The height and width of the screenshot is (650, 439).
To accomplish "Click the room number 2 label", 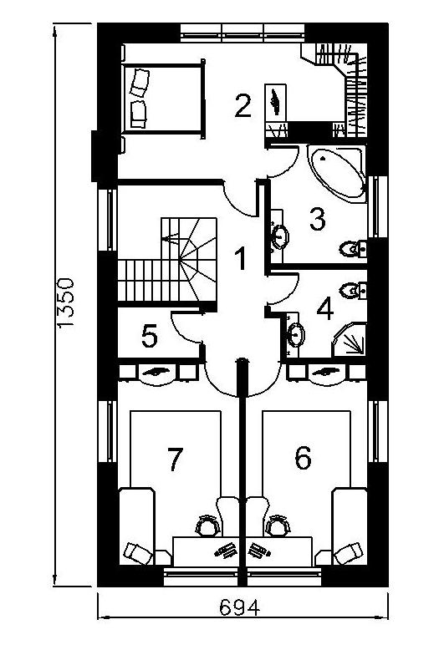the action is (242, 106).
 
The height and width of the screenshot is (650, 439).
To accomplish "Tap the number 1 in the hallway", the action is (241, 258).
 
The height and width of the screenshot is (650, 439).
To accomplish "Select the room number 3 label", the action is (318, 219).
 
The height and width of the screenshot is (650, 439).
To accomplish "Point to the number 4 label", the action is (325, 309).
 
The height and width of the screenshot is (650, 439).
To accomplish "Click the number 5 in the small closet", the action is (150, 336).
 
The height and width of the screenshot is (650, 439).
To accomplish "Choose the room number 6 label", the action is (303, 458).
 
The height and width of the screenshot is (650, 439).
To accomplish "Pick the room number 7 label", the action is (174, 460).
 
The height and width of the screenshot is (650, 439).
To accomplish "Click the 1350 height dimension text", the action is (66, 303).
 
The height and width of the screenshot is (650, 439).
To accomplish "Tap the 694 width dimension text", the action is (239, 607).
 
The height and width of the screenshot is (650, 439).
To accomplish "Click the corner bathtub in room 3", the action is (338, 173).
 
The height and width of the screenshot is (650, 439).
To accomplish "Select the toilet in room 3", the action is (353, 249).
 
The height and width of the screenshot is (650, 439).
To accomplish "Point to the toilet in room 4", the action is (353, 291).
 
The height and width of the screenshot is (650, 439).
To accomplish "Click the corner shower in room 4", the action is (349, 340).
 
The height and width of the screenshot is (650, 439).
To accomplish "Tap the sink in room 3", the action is (280, 236).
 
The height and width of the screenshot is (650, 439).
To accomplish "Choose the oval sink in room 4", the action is (296, 334).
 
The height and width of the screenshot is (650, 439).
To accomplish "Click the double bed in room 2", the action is (163, 99).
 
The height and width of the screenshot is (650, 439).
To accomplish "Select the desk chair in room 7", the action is (208, 526).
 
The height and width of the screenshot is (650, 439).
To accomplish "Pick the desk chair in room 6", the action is (278, 526).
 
